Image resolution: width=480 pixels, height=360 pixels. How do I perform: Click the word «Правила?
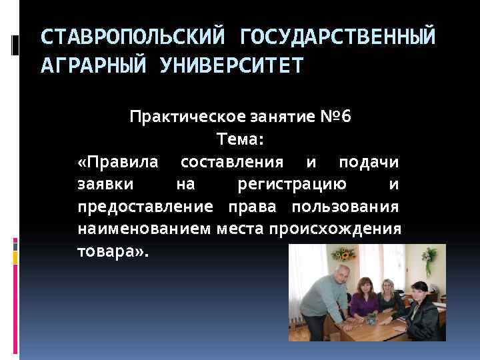pyautogui.click(x=119, y=162)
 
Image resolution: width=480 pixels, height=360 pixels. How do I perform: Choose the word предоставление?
pyautogui.click(x=145, y=207)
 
